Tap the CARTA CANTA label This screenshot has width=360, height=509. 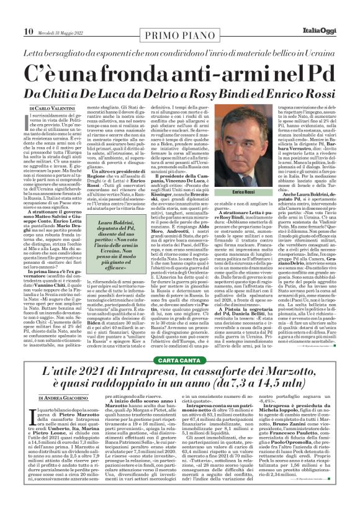click(x=181, y=343)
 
